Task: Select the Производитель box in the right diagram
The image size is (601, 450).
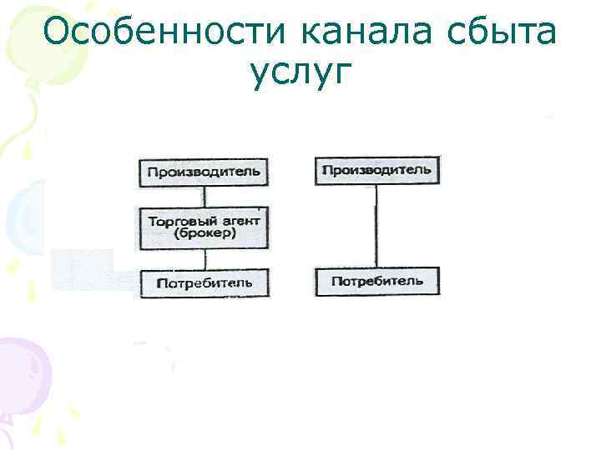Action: coord(376,170)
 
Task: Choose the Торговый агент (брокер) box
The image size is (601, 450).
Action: coord(204,227)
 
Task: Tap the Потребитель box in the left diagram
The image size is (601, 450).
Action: coord(204,283)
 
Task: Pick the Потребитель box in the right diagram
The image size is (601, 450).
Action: coord(376,281)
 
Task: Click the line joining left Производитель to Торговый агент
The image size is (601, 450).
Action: coord(204,197)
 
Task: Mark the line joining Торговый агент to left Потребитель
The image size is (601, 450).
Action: coord(204,258)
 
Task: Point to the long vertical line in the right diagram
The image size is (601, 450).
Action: coord(376,225)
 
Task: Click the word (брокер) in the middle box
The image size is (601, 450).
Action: coord(205,234)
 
